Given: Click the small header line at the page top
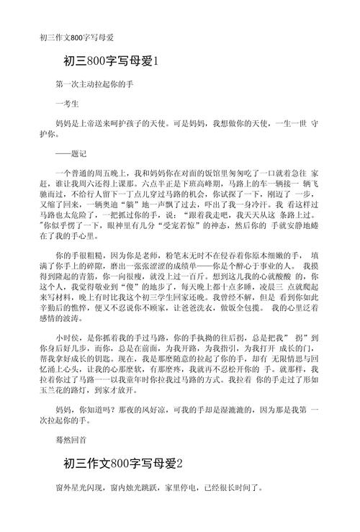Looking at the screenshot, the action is tap(76, 37).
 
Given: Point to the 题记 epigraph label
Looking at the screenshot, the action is tap(71, 153).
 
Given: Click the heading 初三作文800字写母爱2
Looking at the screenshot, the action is tap(123, 463).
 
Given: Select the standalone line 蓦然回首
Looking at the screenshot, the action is tap(71, 437).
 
